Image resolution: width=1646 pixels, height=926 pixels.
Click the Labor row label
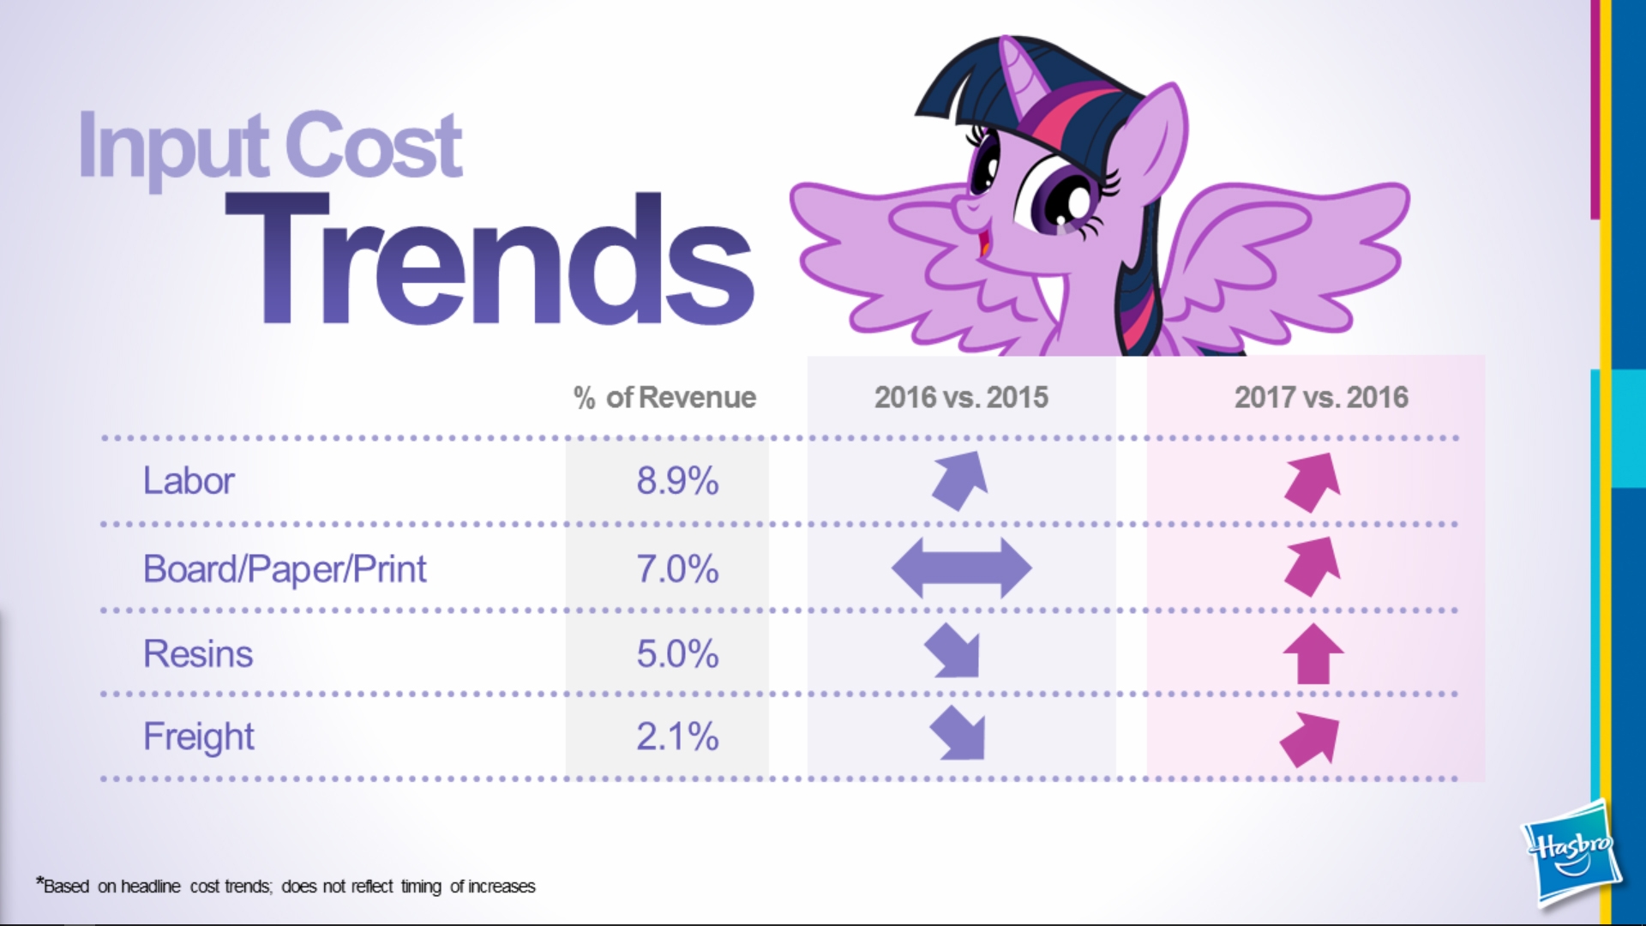tap(189, 481)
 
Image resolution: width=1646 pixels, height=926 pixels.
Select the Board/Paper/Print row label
tap(285, 570)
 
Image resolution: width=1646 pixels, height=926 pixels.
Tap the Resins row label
tap(198, 654)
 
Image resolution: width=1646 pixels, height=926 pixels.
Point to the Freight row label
tap(199, 737)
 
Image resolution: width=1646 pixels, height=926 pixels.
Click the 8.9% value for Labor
tap(677, 481)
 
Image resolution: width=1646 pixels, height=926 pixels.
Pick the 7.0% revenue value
tap(677, 569)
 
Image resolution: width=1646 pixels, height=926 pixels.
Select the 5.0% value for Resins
tap(677, 654)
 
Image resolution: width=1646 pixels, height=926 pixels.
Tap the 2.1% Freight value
tap(677, 737)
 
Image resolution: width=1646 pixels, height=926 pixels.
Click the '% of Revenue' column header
tap(665, 398)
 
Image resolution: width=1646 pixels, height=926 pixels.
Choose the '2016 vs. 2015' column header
tap(961, 398)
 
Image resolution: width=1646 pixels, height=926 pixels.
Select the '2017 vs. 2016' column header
tap(1321, 398)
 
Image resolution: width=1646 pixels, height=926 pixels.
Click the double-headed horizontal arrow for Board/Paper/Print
tap(961, 568)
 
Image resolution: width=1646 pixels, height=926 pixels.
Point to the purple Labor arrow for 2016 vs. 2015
tap(961, 480)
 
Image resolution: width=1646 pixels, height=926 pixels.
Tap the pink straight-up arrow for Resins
tap(1313, 653)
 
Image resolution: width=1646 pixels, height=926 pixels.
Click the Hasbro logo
tap(1571, 853)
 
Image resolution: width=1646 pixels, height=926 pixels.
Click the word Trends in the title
tap(490, 259)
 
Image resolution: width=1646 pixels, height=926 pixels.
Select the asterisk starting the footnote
tap(39, 881)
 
